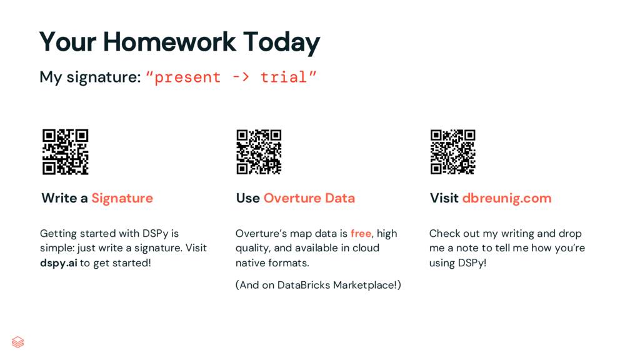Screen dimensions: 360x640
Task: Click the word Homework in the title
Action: pyautogui.click(x=169, y=42)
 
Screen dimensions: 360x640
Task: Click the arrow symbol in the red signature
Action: pyautogui.click(x=241, y=77)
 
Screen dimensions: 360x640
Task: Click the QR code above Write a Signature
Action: pyautogui.click(x=65, y=152)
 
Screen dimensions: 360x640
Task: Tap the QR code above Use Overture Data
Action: pyautogui.click(x=259, y=152)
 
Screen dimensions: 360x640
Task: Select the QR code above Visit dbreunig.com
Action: pyautogui.click(x=453, y=152)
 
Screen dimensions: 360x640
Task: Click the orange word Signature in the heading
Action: pyautogui.click(x=122, y=198)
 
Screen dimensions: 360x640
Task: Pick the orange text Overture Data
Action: pyautogui.click(x=309, y=198)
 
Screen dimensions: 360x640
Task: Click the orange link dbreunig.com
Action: pyautogui.click(x=506, y=198)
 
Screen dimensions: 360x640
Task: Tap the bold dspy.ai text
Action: pyautogui.click(x=58, y=262)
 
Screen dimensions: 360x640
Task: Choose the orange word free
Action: pyautogui.click(x=361, y=234)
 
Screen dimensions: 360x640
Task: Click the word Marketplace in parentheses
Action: pyautogui.click(x=365, y=285)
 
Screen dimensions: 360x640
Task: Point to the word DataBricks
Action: pyautogui.click(x=304, y=285)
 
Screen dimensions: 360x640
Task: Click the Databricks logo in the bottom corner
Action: pyautogui.click(x=18, y=342)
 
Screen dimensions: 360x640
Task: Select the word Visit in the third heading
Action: pyautogui.click(x=444, y=198)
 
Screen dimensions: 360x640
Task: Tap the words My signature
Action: pyautogui.click(x=89, y=77)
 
